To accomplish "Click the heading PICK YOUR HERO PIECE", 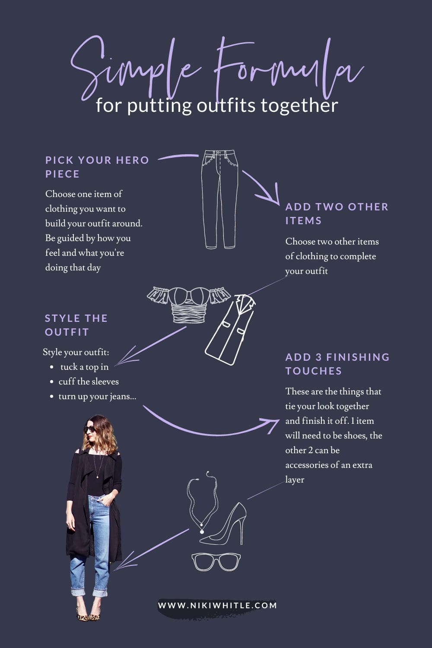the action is point(97,167).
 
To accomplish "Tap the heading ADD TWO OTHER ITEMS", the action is point(337,214).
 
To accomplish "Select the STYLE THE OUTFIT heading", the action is point(76,325).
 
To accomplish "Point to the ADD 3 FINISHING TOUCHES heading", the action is point(337,364).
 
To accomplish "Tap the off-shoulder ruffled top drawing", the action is point(188,304).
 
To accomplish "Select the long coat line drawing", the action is point(230,330).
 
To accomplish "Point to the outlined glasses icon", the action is point(216,562).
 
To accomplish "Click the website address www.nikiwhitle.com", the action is point(217,605).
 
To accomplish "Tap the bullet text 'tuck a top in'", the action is point(85,367).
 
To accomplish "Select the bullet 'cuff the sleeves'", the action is point(89,381).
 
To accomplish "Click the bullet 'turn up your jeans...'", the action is point(97,396).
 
